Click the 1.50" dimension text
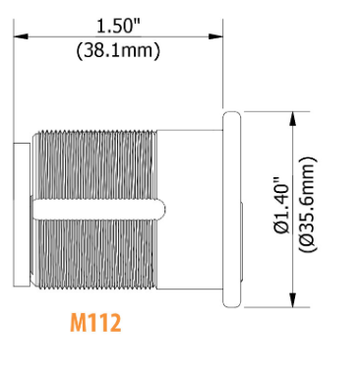(118, 26)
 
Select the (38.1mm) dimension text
(118, 50)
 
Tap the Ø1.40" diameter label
(281, 206)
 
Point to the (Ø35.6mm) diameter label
(308, 205)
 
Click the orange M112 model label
(95, 323)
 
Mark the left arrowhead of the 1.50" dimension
(21, 35)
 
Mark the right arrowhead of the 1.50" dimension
(215, 35)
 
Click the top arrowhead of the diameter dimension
(293, 119)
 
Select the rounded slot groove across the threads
(98, 210)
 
